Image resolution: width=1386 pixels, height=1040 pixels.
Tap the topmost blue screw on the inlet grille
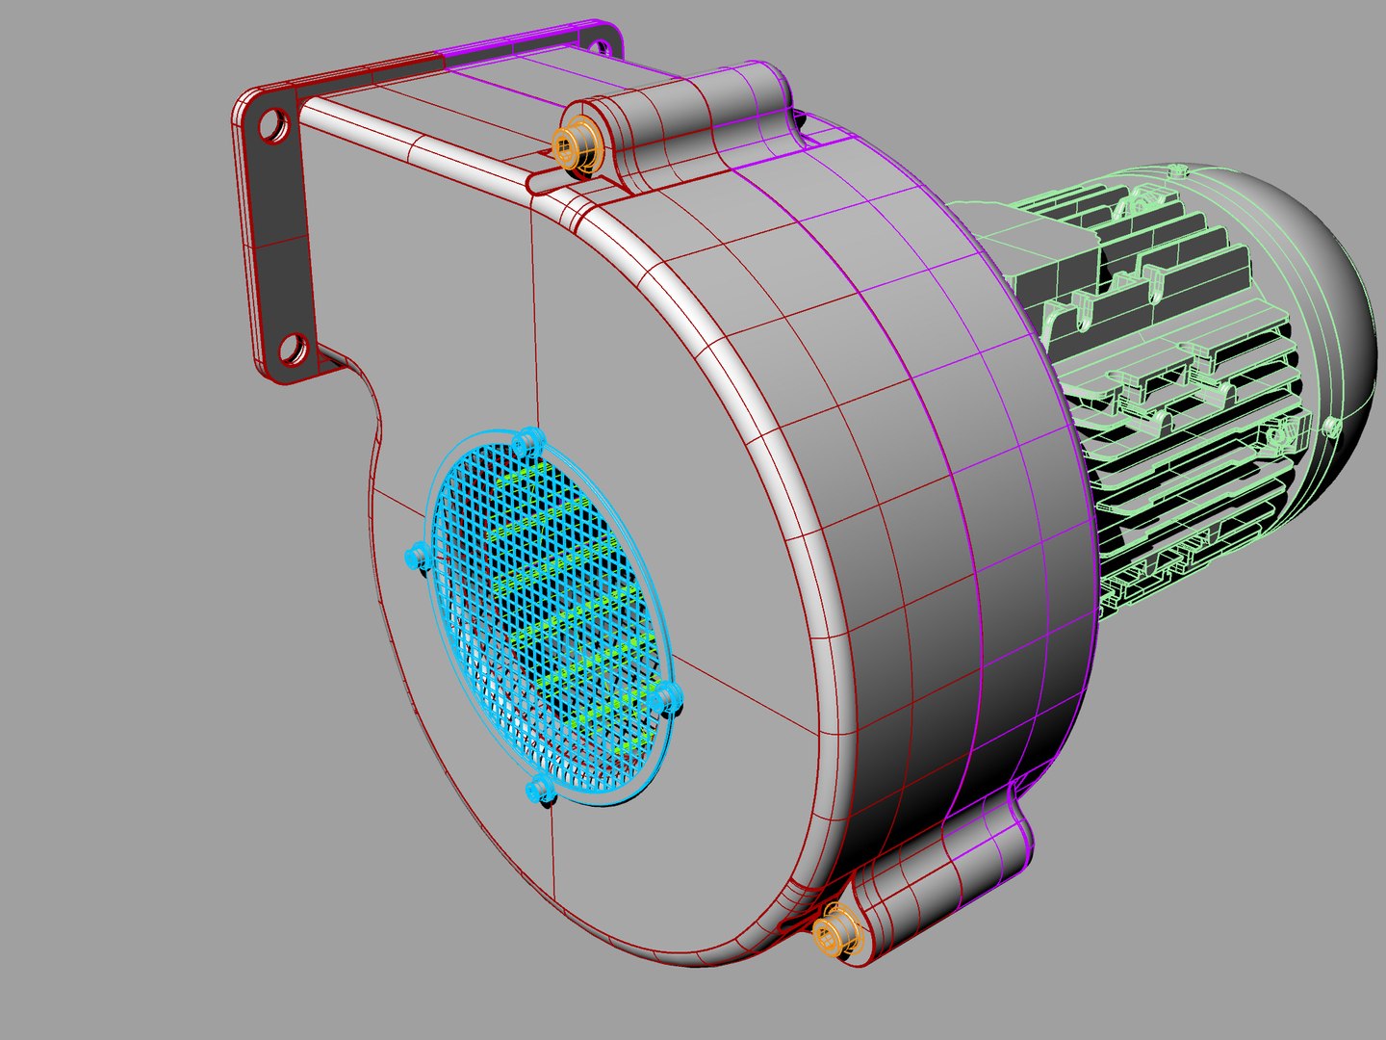pos(526,443)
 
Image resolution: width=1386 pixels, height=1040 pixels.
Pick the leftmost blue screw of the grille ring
pos(418,556)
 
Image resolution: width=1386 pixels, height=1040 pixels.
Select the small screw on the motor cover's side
pos(1333,425)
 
